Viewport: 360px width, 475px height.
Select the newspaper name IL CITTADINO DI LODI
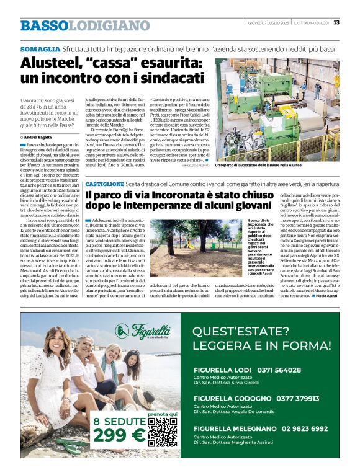pyautogui.click(x=312, y=23)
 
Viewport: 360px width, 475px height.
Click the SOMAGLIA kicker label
pyautogui.click(x=40, y=48)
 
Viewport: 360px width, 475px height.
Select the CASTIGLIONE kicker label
pyautogui.click(x=105, y=184)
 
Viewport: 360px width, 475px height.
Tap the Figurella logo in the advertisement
pyautogui.click(x=141, y=332)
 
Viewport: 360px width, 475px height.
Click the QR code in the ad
pyautogui.click(x=163, y=432)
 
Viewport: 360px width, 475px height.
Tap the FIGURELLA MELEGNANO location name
pyautogui.click(x=232, y=428)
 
